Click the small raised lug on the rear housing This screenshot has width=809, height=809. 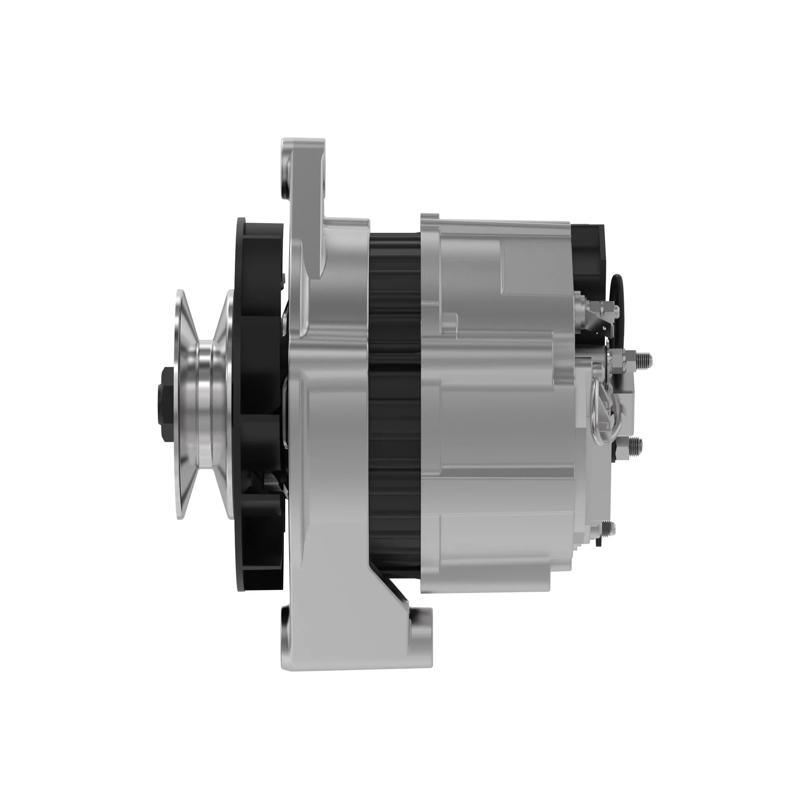(450, 324)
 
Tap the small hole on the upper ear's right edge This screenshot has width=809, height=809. (323, 182)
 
